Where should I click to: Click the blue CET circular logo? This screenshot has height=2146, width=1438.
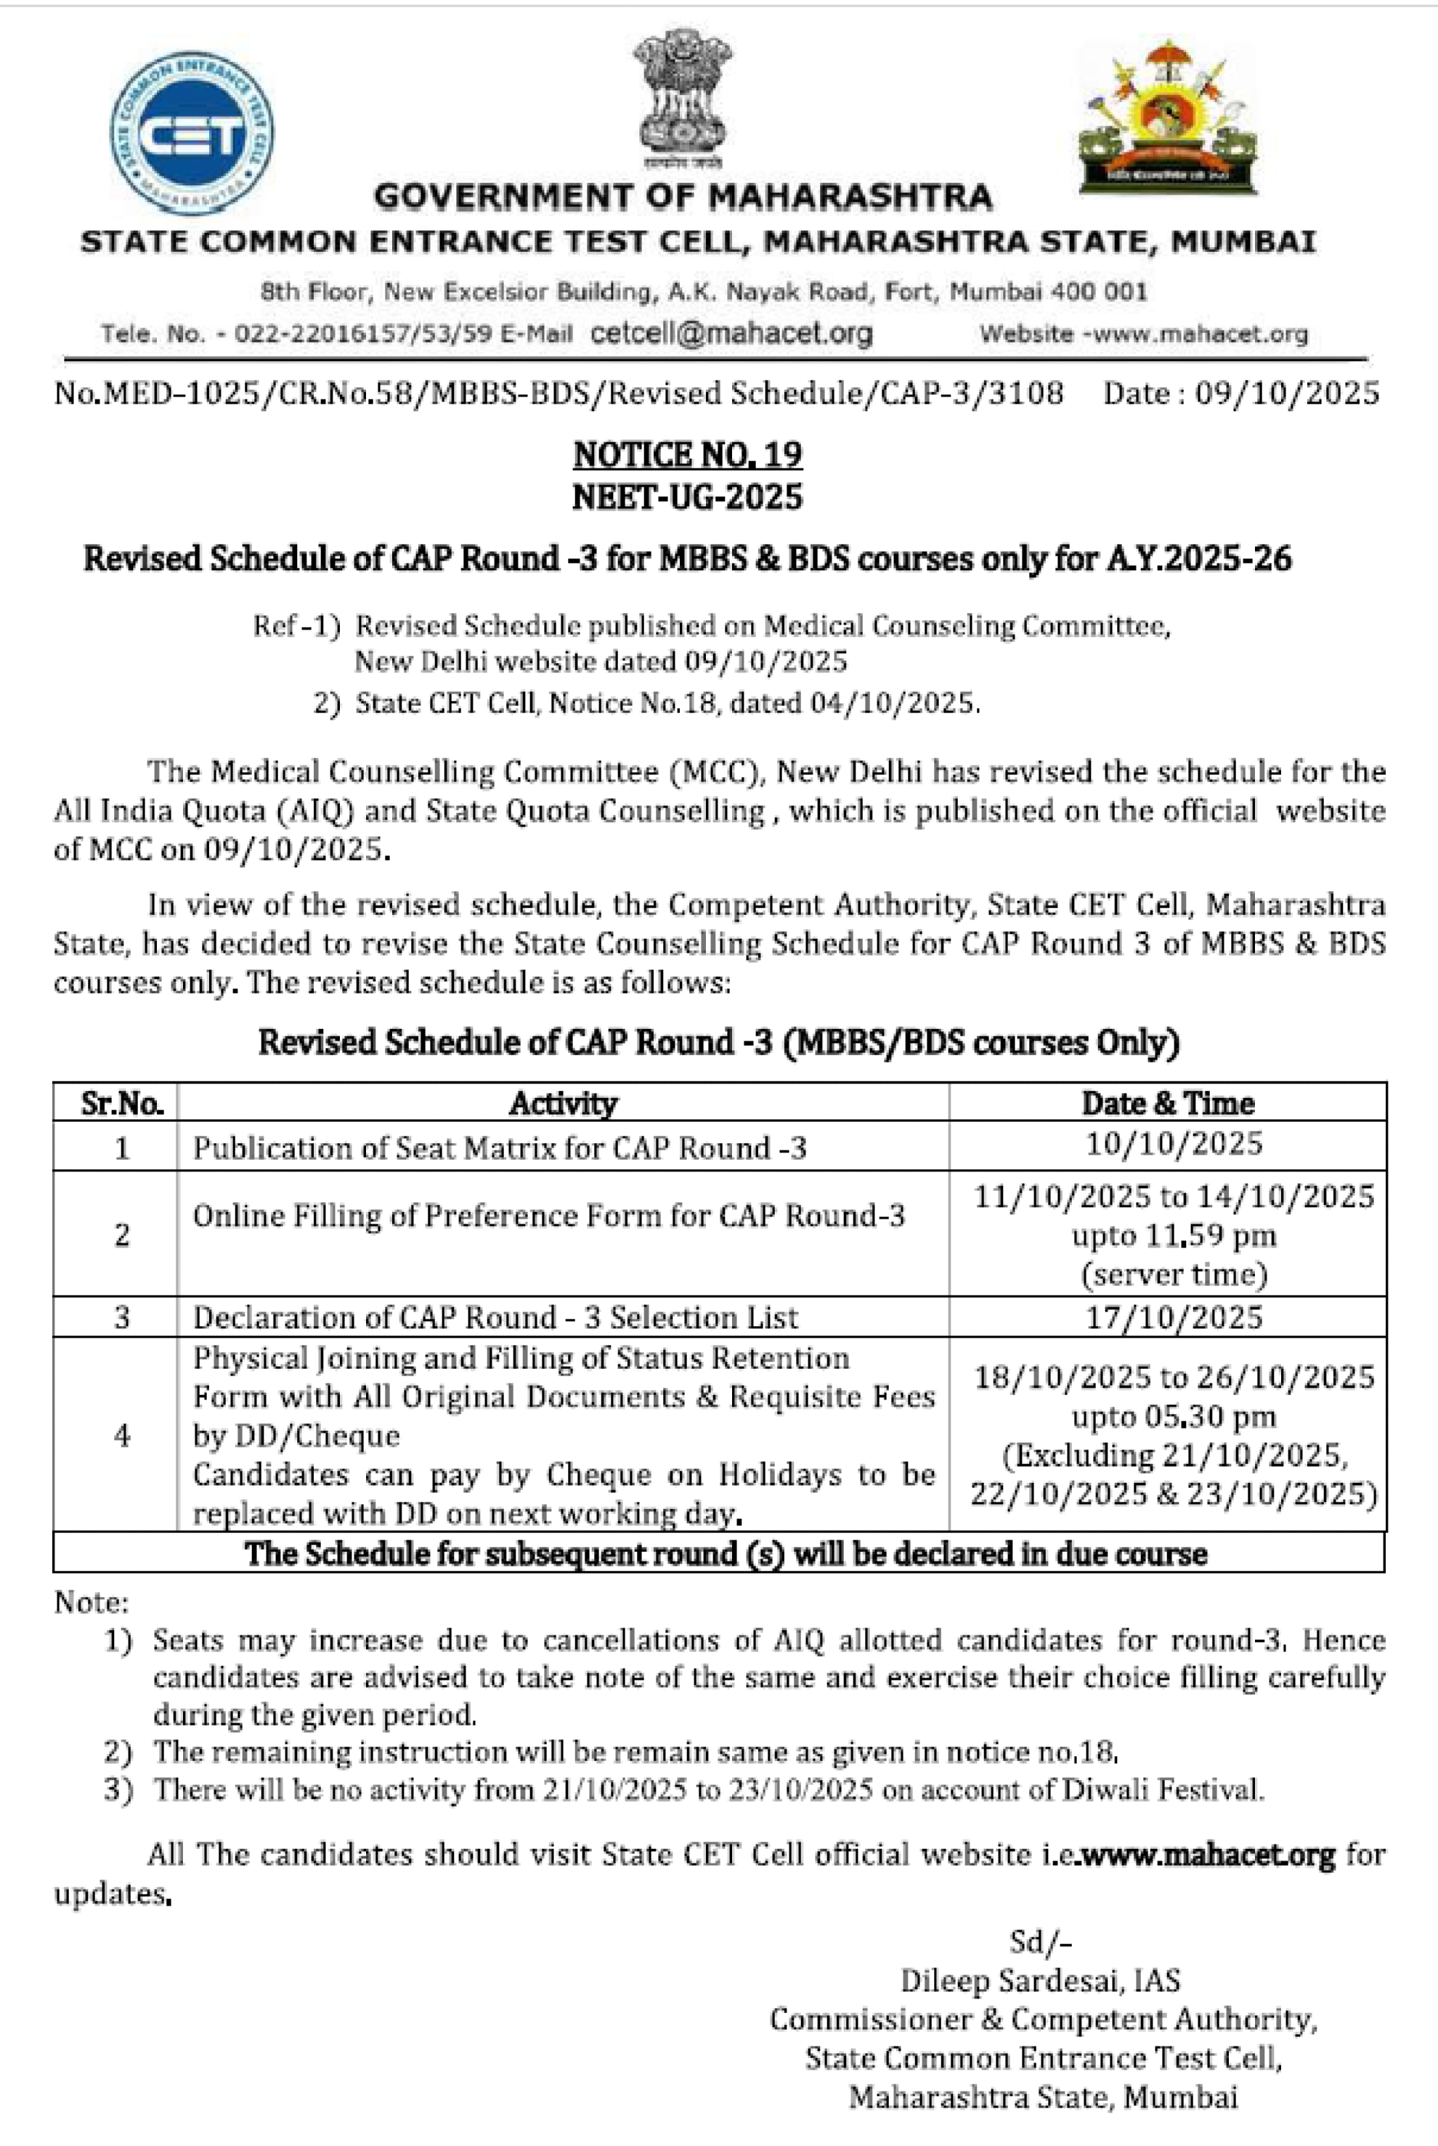pyautogui.click(x=191, y=132)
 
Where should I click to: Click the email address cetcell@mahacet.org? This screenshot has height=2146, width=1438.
pyautogui.click(x=731, y=333)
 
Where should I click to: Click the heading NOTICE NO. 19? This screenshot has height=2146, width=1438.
pyautogui.click(x=687, y=454)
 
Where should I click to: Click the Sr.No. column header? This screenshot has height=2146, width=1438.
pyautogui.click(x=121, y=1103)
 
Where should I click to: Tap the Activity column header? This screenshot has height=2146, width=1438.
pyautogui.click(x=562, y=1103)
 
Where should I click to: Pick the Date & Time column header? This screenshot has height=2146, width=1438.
pyautogui.click(x=1167, y=1103)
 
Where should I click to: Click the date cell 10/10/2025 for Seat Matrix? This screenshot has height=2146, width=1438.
pyautogui.click(x=1174, y=1144)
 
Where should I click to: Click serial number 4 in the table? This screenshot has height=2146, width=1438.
pyautogui.click(x=121, y=1436)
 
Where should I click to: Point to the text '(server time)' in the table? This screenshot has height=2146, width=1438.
pyautogui.click(x=1174, y=1274)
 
